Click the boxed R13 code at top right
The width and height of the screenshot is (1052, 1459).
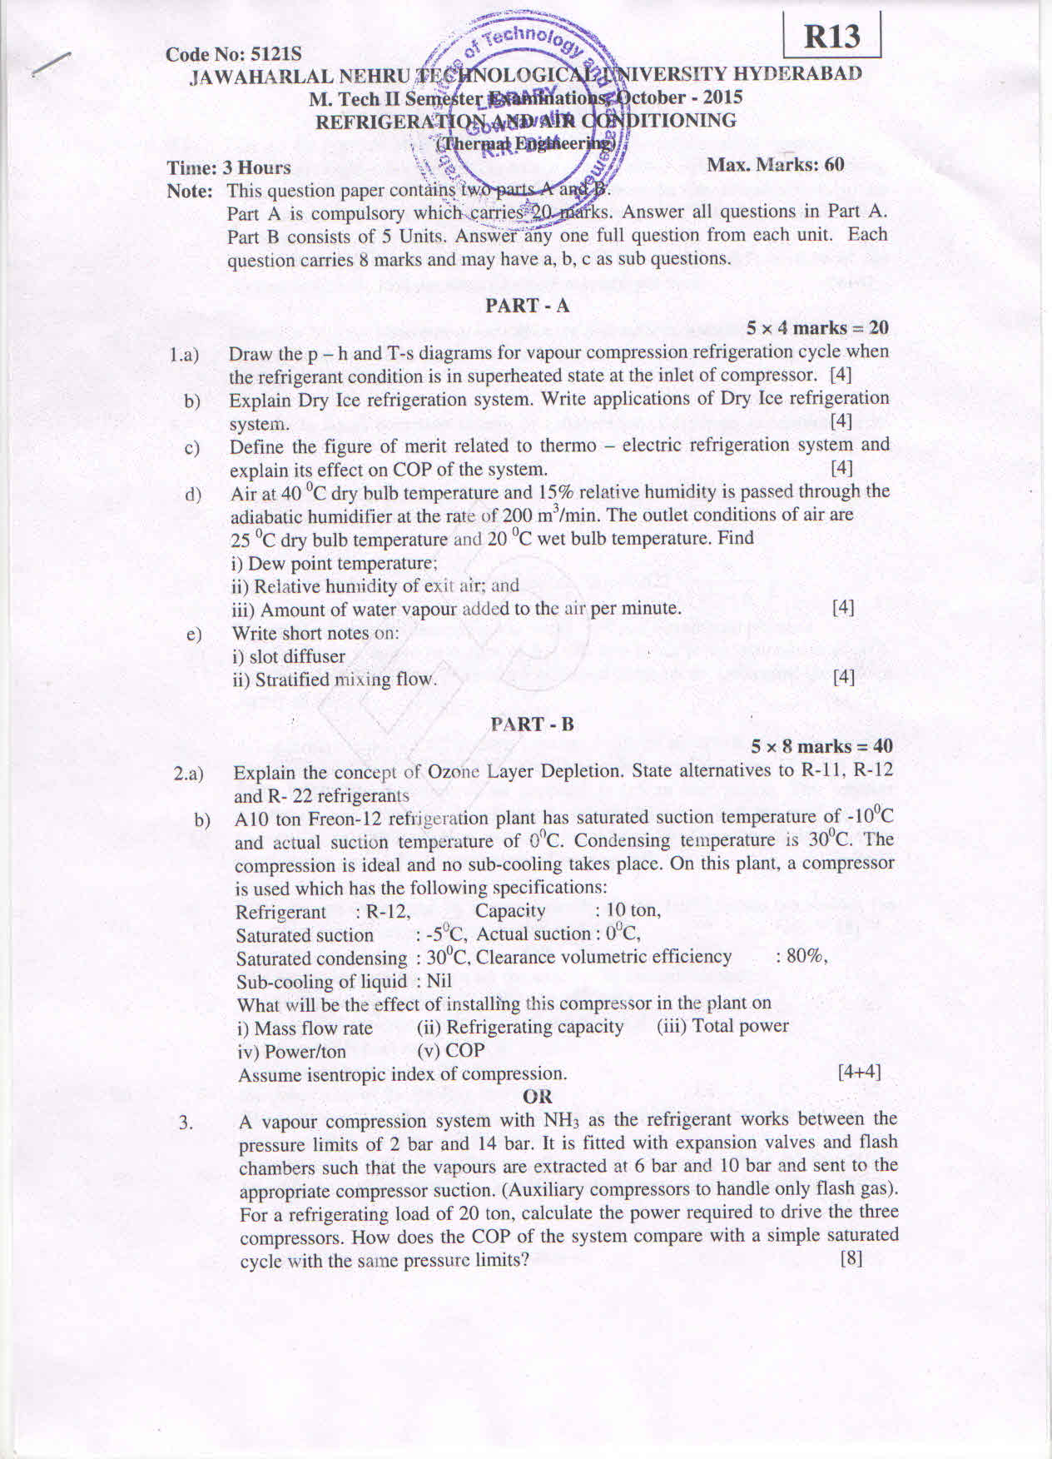pyautogui.click(x=831, y=37)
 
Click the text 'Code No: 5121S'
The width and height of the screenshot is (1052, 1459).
pyautogui.click(x=233, y=54)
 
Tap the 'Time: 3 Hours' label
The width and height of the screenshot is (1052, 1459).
pyautogui.click(x=229, y=167)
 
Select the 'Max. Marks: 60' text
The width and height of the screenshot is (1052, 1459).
pyautogui.click(x=776, y=165)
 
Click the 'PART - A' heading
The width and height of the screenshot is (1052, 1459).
pyautogui.click(x=528, y=306)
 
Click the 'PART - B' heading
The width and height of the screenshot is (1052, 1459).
pyautogui.click(x=533, y=724)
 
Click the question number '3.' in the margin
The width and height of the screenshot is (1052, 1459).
pyautogui.click(x=186, y=1123)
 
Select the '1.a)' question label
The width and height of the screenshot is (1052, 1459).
pyautogui.click(x=185, y=356)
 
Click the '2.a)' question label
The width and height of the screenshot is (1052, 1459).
pyautogui.click(x=189, y=774)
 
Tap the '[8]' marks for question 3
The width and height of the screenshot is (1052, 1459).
pyautogui.click(x=851, y=1258)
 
